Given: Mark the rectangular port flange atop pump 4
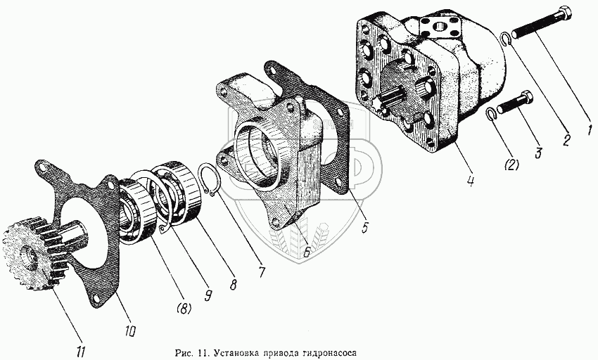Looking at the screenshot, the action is (441, 28).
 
